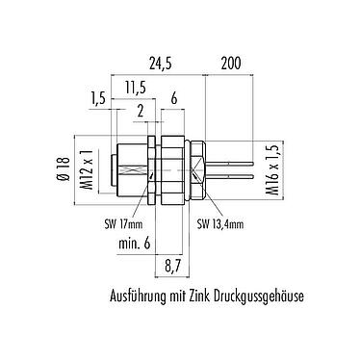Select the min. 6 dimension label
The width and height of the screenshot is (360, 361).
(x=133, y=245)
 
